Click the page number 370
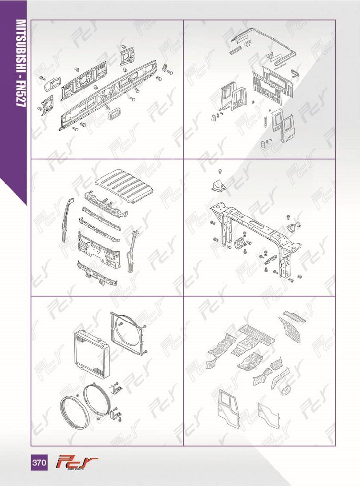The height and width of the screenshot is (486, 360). tap(39, 463)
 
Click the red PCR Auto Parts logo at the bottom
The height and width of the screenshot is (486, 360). tap(77, 463)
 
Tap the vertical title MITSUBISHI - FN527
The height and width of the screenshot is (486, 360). tap(20, 64)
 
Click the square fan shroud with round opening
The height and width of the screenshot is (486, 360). tap(128, 333)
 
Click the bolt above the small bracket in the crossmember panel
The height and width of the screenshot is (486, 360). tap(220, 171)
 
